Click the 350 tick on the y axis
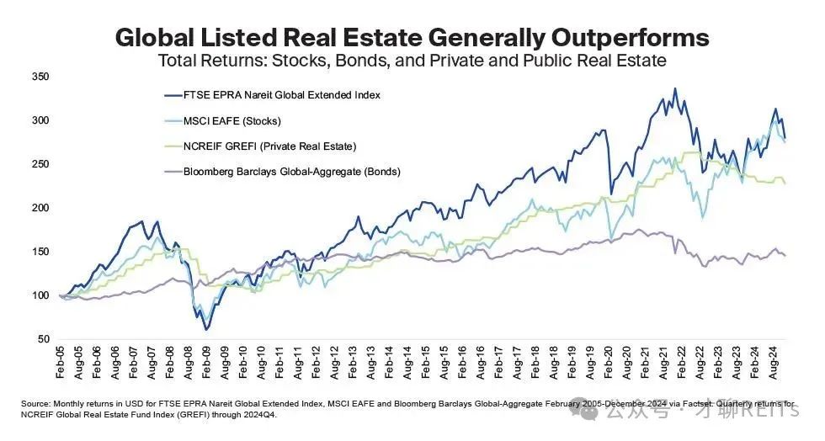click(40, 77)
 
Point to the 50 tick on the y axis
click(42, 338)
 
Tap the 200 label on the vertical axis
click(40, 208)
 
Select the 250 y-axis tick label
click(40, 164)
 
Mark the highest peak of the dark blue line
click(675, 88)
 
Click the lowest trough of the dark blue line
click(206, 329)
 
